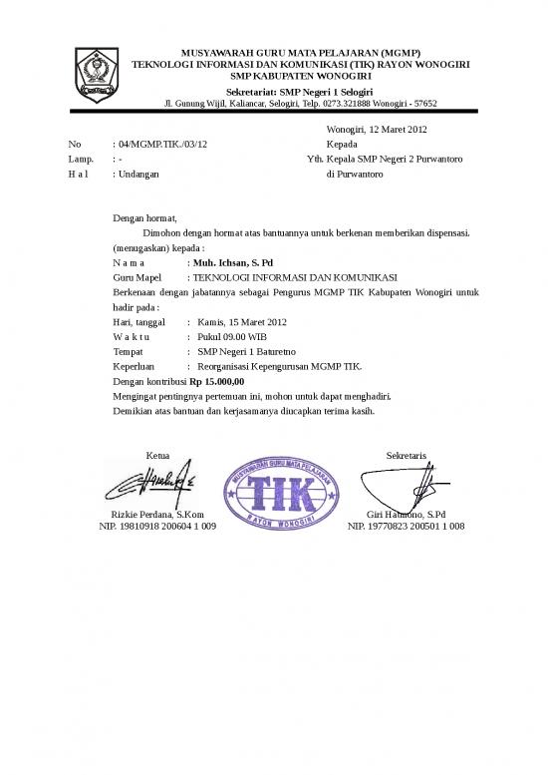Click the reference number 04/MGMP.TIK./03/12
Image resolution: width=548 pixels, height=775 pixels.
coord(160,145)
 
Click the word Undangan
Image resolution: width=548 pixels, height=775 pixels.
coord(138,174)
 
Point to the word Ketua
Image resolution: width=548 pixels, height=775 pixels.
coord(157,455)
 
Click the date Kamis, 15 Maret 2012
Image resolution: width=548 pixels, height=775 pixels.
coord(242,322)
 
